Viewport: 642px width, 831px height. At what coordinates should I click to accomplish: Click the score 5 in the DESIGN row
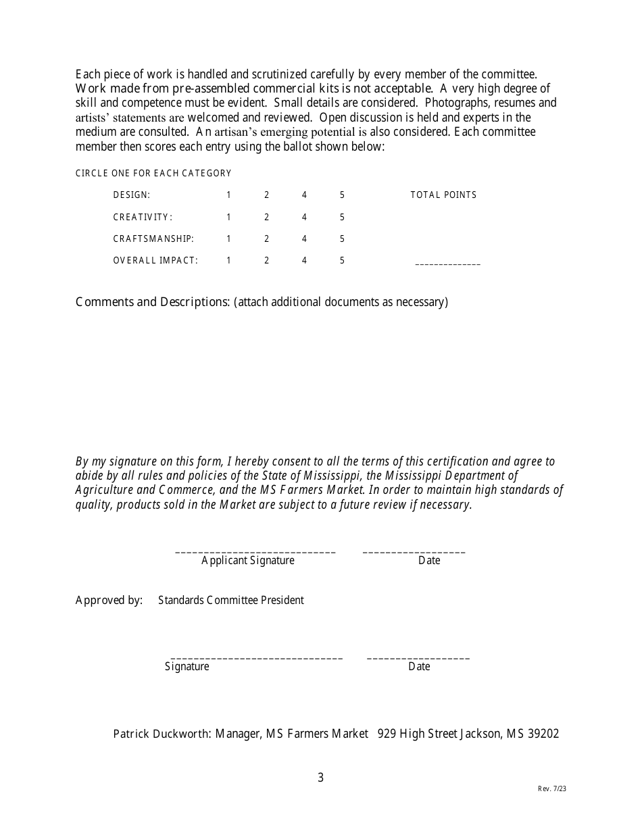pos(342,195)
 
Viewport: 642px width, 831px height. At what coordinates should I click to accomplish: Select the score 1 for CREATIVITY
pos(228,218)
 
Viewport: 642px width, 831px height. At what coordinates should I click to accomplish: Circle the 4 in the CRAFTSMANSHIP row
pos(304,239)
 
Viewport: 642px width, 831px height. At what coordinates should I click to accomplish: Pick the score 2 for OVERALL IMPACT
pos(266,261)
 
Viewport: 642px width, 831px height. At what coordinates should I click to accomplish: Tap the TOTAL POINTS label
pos(443,195)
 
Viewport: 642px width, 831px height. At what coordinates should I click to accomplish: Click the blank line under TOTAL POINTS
pos(447,264)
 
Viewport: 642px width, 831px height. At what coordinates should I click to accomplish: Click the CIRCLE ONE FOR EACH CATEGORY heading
pos(153,174)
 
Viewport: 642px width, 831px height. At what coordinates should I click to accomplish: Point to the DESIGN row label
pos(132,195)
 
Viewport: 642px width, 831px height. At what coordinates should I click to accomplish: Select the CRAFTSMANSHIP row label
pos(153,239)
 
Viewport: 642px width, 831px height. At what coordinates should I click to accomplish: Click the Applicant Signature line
pos(255,553)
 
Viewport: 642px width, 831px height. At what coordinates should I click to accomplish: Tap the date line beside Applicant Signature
pos(414,553)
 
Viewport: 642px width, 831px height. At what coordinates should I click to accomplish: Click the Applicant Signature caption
pos(248,561)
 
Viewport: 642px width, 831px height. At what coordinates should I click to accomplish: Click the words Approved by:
pos(109,600)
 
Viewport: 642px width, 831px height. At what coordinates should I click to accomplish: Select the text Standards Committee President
pos(231,600)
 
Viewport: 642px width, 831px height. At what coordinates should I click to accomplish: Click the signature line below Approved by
pos(256,658)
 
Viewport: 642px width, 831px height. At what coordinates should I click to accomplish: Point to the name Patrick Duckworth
pos(162,734)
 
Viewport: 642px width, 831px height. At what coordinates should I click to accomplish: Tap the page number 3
pos(320,778)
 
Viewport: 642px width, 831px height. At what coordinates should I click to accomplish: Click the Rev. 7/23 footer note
pos(552,788)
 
